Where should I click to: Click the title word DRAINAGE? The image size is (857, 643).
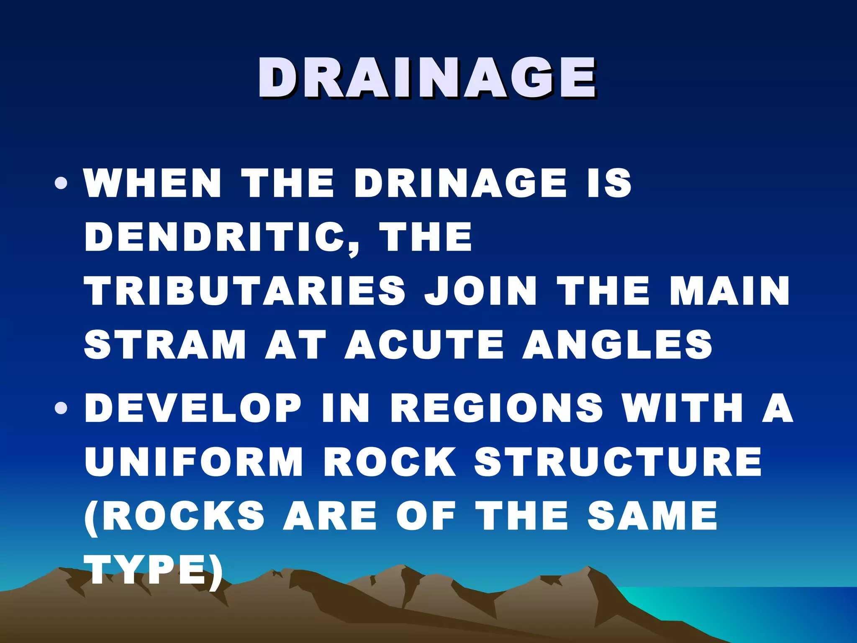click(x=427, y=79)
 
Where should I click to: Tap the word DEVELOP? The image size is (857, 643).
click(x=193, y=408)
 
